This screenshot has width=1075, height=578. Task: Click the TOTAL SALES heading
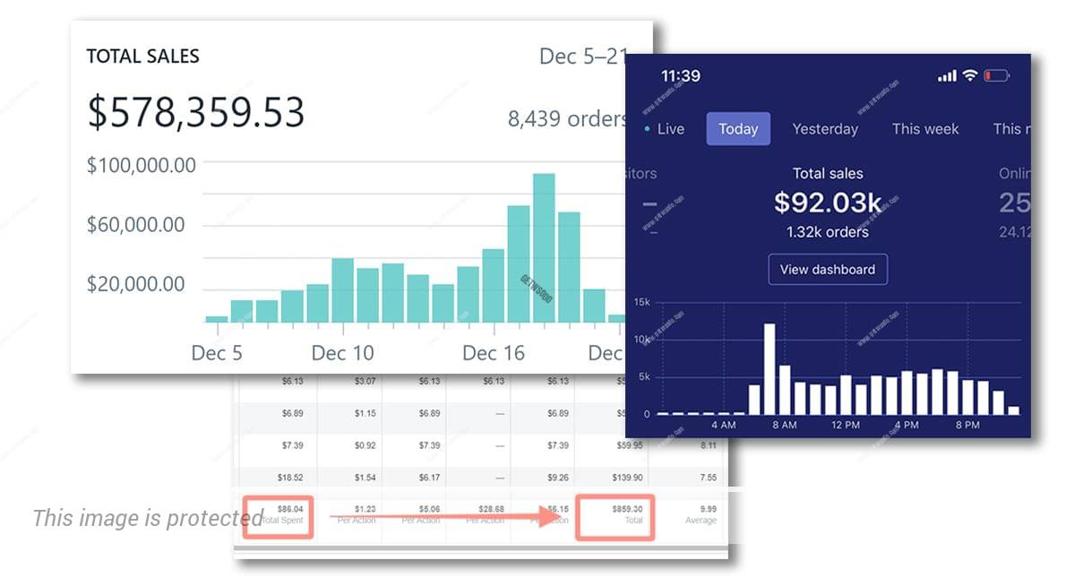[142, 56]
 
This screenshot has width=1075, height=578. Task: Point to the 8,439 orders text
[567, 118]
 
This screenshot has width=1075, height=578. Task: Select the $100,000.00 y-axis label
[142, 165]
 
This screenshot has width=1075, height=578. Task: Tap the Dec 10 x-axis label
[342, 353]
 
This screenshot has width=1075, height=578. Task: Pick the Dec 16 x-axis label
[494, 353]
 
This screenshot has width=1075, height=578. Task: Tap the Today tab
[738, 129]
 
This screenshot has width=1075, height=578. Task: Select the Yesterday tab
[825, 129]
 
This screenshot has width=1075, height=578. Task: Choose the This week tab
[925, 129]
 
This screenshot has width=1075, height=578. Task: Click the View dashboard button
[828, 269]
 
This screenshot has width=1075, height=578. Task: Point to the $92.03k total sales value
[828, 203]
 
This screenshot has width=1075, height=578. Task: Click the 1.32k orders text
[828, 232]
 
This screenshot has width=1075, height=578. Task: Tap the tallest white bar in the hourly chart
[769, 368]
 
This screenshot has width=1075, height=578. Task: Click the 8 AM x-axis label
[784, 425]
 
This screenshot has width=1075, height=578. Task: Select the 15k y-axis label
[641, 302]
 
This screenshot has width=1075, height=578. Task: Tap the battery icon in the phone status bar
[996, 76]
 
